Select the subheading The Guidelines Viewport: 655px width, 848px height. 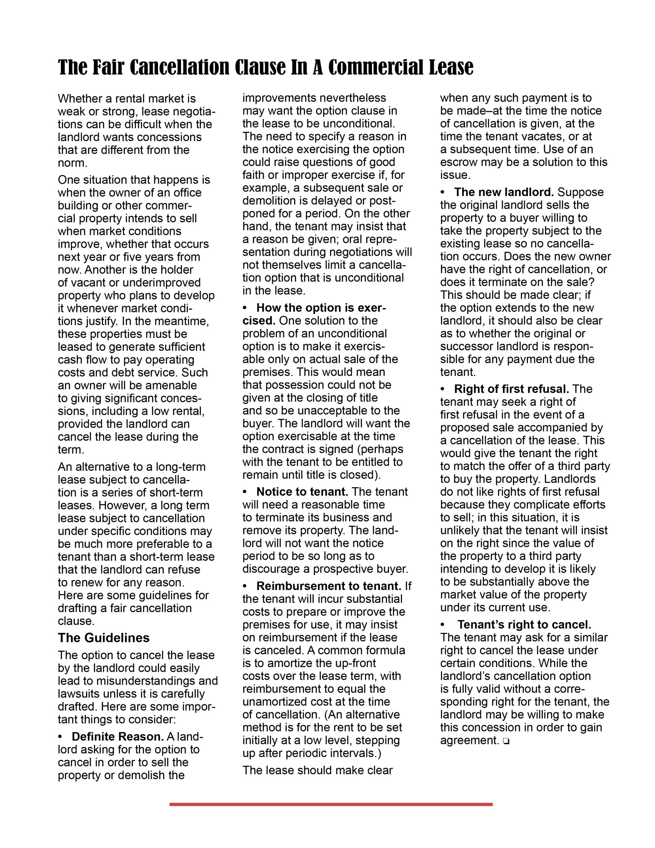[x=104, y=638]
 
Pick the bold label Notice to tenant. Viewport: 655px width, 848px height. [x=302, y=492]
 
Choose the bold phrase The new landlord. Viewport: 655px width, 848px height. [x=504, y=192]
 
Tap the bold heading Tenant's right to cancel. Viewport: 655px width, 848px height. [x=524, y=624]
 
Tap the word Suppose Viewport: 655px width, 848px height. [x=581, y=192]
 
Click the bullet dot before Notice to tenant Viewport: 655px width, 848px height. [x=245, y=492]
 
